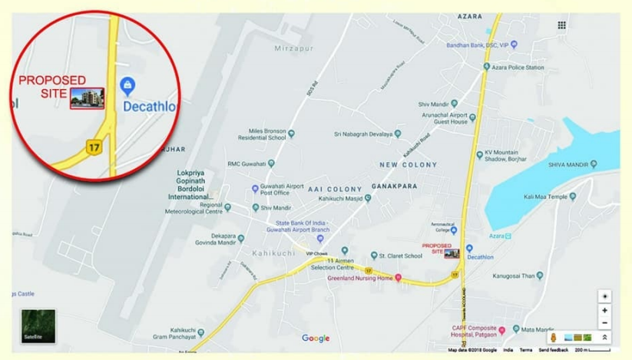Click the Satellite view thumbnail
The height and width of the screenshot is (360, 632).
coord(38,325)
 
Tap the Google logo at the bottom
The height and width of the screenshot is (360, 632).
coord(316,338)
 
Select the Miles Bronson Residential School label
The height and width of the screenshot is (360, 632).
coord(266,134)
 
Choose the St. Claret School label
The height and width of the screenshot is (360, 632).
coord(400,255)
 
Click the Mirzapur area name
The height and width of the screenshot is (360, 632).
coord(290,48)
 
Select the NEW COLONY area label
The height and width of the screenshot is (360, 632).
coord(408,164)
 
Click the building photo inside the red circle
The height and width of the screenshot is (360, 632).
coord(87,98)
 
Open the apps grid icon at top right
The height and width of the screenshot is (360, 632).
coord(562,25)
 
